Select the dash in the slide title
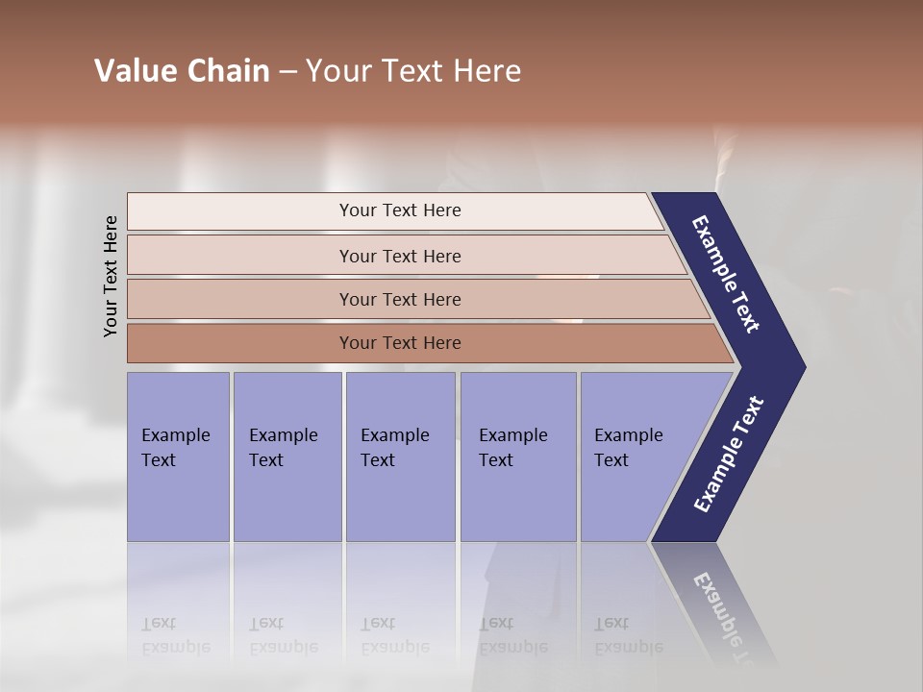click(287, 72)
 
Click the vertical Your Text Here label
click(111, 276)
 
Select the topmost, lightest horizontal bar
click(240, 211)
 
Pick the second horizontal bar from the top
click(240, 256)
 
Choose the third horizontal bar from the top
click(240, 299)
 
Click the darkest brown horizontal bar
click(240, 343)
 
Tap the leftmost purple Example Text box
click(178, 457)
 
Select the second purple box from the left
click(287, 457)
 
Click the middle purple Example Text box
click(400, 457)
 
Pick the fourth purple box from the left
click(518, 457)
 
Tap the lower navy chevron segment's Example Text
click(728, 455)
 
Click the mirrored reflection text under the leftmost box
click(176, 635)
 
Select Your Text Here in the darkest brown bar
click(400, 343)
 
